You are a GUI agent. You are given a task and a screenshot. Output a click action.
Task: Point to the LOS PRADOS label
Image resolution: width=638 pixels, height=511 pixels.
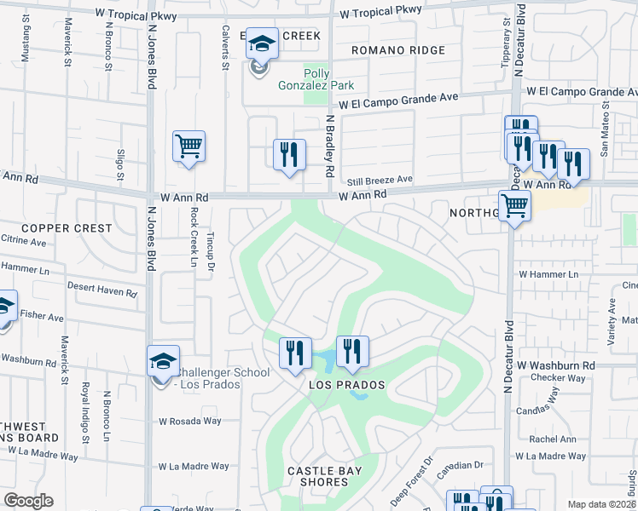coord(346,385)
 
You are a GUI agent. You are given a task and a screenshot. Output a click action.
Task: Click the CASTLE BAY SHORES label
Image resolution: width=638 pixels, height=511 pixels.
coord(324,476)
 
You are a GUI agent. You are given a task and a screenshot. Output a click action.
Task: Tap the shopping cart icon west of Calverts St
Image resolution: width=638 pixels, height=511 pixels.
coord(188,145)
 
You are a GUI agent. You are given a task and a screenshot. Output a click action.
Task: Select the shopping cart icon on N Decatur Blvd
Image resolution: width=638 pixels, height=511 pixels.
coord(514,204)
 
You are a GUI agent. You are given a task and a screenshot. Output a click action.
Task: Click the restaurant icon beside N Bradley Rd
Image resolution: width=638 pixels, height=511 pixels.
coord(289,153)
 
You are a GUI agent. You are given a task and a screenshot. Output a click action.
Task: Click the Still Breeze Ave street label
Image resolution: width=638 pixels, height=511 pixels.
coord(380,181)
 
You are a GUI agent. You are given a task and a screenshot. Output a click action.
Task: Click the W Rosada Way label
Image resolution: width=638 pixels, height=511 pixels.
coord(189,421)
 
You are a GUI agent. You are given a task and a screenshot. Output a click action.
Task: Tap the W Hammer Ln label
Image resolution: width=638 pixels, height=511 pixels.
coord(548,274)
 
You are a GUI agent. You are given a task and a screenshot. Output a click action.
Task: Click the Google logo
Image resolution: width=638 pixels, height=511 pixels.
coord(28,501)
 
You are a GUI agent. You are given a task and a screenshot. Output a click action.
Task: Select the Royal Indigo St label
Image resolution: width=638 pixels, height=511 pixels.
coord(85,412)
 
